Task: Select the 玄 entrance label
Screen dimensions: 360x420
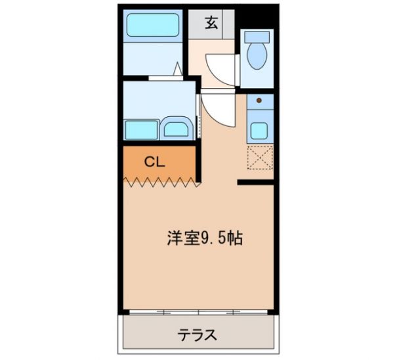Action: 211,22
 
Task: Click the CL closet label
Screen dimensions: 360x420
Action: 154,160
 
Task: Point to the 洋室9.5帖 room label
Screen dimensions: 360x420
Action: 204,238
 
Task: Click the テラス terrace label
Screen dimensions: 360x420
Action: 197,335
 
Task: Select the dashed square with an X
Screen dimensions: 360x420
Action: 260,157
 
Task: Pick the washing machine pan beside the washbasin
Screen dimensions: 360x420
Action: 142,128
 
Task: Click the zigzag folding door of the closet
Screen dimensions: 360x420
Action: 160,181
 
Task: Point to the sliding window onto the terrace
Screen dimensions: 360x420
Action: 197,312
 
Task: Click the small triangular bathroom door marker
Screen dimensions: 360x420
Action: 178,68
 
